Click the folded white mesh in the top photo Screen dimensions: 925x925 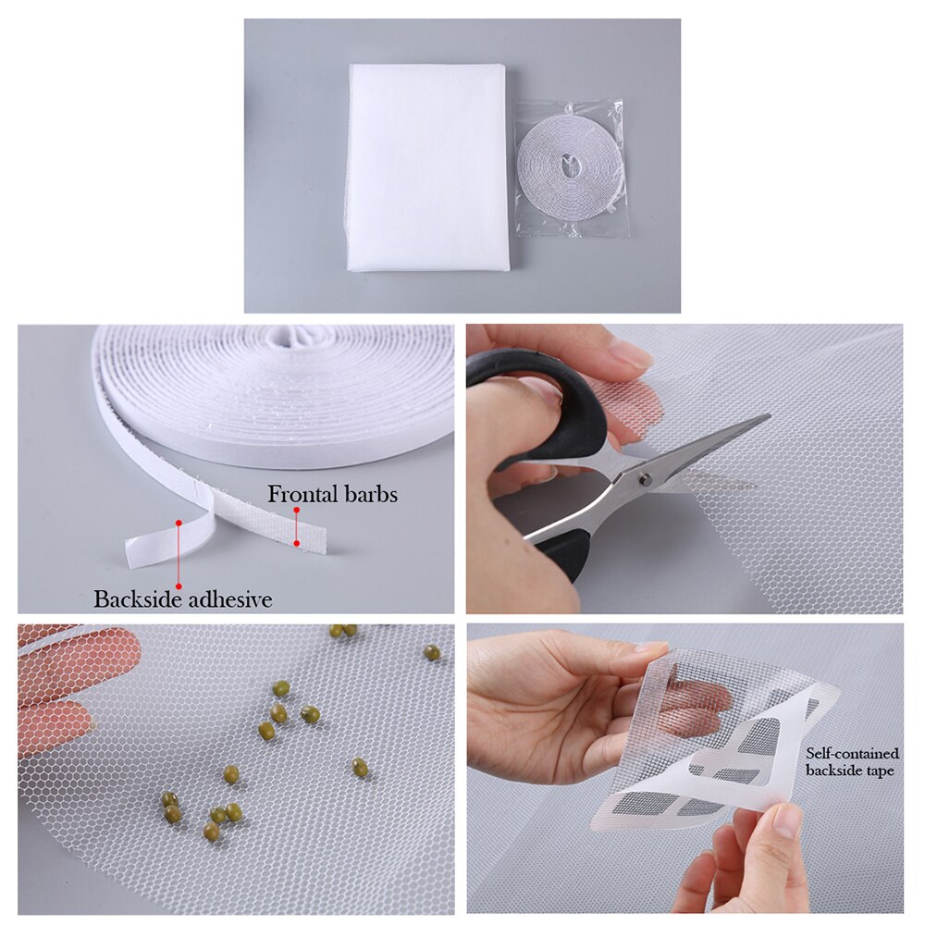coord(427,166)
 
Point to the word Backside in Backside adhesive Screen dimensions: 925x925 coord(139,599)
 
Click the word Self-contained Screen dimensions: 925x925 coord(852,754)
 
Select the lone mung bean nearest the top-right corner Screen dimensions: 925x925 coord(432,652)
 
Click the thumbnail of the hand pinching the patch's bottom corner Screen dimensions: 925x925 coord(785,820)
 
